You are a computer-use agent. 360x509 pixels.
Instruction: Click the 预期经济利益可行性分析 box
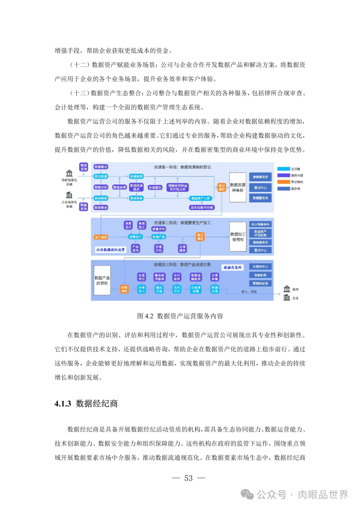click(178, 188)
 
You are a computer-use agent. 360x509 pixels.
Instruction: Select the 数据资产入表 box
click(200, 198)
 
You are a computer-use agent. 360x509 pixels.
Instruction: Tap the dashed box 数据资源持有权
click(238, 187)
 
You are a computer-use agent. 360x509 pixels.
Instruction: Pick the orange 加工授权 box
click(101, 237)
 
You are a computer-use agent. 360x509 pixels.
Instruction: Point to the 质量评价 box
click(159, 229)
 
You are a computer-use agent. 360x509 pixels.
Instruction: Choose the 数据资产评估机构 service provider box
click(260, 233)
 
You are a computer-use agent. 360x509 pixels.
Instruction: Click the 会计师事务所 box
click(260, 224)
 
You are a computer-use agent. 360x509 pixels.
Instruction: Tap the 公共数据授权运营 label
click(110, 250)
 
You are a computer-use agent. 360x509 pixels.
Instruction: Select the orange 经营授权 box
click(124, 289)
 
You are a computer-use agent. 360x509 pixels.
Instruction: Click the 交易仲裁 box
click(215, 277)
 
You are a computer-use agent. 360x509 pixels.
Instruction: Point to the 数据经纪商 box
click(260, 283)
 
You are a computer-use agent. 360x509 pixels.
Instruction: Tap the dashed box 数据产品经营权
click(102, 280)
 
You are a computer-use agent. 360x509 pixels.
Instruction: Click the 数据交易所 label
click(232, 267)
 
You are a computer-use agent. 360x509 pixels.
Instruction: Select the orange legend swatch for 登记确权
click(284, 182)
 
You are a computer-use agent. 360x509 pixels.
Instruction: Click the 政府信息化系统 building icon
click(69, 173)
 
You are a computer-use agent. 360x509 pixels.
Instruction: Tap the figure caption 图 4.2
click(180, 316)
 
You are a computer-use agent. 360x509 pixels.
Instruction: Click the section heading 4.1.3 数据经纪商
click(86, 404)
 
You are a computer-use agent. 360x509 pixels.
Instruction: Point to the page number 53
click(188, 478)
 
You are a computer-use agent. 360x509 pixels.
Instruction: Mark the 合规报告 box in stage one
click(155, 188)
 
